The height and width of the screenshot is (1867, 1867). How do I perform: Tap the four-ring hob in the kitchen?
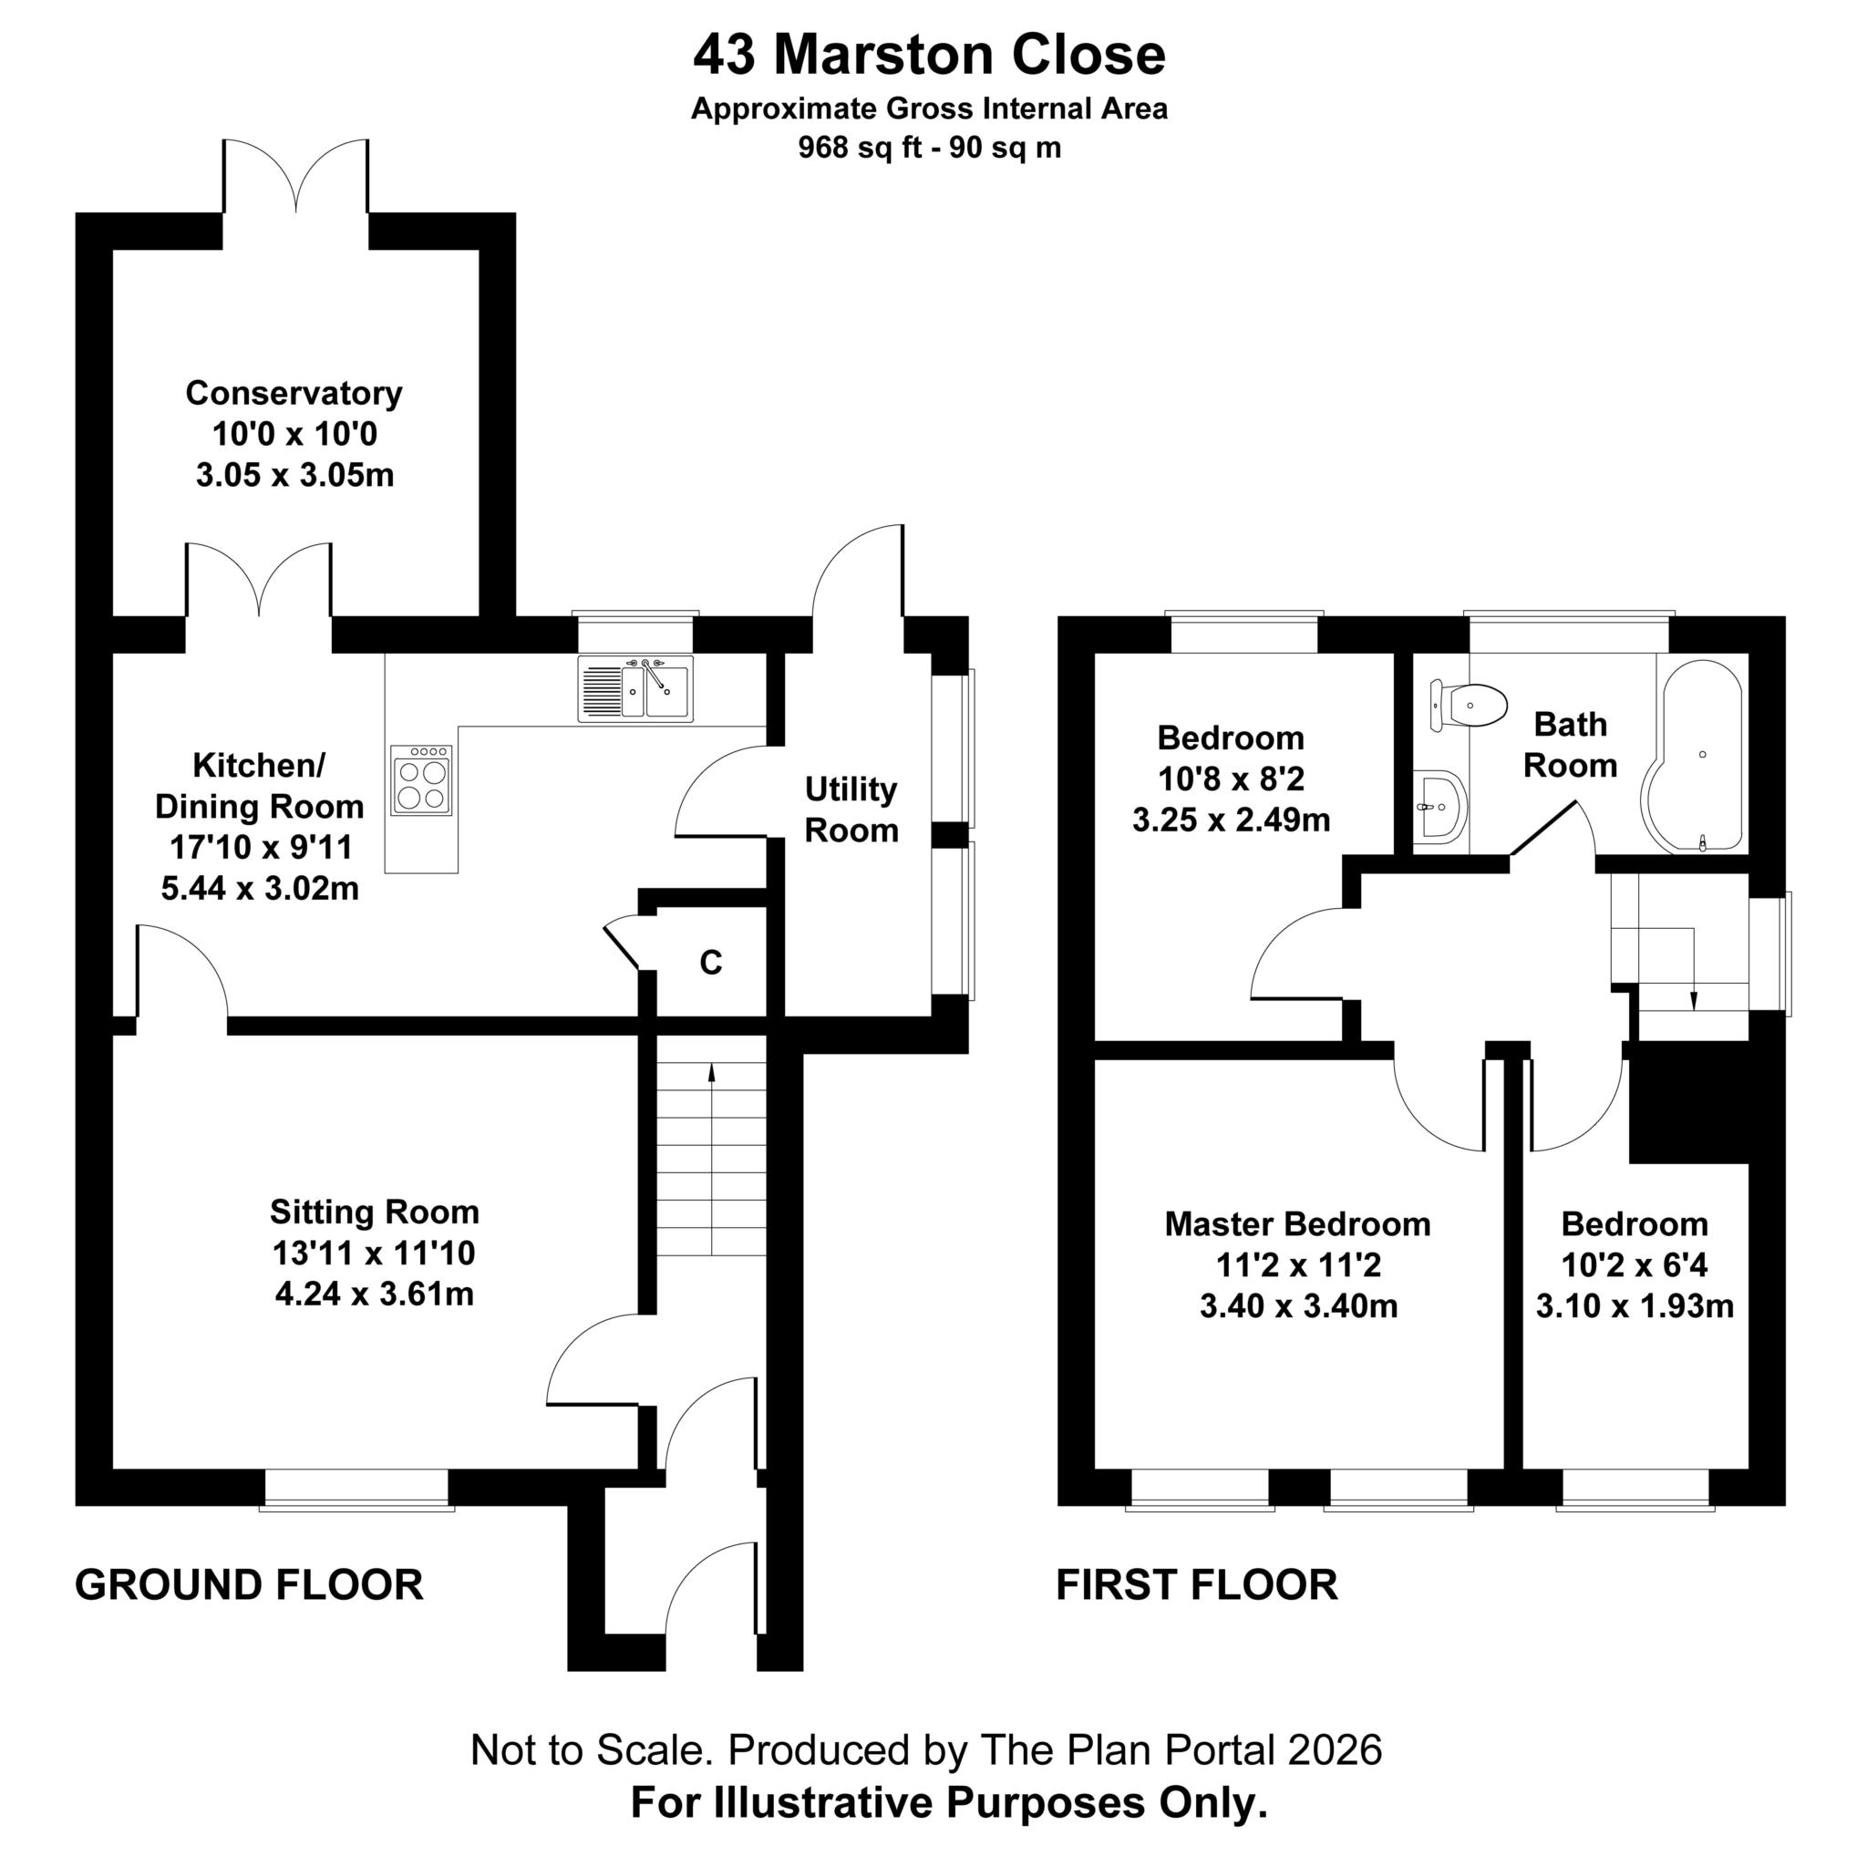click(x=422, y=779)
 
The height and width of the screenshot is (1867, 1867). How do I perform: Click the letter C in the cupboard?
click(x=710, y=963)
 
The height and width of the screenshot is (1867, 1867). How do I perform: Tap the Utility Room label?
click(x=851, y=810)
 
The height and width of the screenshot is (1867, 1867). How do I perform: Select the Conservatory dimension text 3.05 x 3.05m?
click(x=294, y=476)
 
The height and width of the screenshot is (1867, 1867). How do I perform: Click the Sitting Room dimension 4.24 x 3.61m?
click(x=375, y=1294)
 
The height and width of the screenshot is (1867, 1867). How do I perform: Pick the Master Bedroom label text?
click(x=1298, y=1224)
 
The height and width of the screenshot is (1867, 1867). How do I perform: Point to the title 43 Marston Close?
click(x=930, y=54)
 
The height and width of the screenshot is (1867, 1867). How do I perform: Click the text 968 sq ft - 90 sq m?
click(x=930, y=148)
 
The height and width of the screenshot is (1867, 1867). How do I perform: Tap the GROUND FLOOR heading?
click(x=249, y=1584)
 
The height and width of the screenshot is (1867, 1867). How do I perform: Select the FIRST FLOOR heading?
click(x=1197, y=1584)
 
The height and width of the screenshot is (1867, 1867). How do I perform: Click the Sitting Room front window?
click(x=356, y=1490)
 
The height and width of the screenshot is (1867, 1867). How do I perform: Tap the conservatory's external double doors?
click(x=295, y=176)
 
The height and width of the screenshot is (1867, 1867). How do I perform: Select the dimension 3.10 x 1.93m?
click(x=1635, y=1306)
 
